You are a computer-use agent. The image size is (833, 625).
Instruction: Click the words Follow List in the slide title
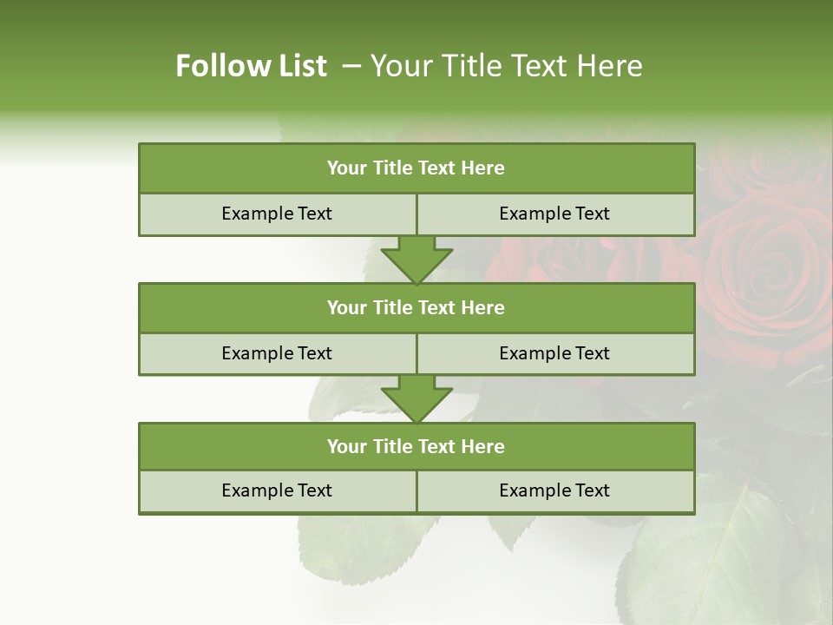coord(251,66)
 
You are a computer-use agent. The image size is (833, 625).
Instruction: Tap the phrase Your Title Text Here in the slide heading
coord(506,66)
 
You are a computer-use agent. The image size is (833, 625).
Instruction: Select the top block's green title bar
coord(416,168)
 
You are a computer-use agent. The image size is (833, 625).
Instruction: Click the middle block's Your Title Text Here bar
coord(416,307)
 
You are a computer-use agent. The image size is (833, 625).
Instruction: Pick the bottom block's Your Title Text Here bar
coord(416,446)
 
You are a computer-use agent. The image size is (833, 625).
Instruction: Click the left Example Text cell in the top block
coord(277,214)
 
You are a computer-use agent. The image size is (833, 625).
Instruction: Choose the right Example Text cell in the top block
coord(555,214)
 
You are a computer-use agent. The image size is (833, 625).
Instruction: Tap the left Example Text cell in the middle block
coord(277,353)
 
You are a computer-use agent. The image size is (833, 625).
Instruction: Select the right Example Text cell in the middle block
coord(555,353)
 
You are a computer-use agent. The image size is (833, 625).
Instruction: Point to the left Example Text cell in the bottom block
coord(277,490)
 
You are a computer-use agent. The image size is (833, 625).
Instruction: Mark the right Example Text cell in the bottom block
coord(555,490)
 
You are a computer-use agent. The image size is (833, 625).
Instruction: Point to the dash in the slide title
coord(351,66)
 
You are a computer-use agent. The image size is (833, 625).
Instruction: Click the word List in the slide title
coord(300,66)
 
